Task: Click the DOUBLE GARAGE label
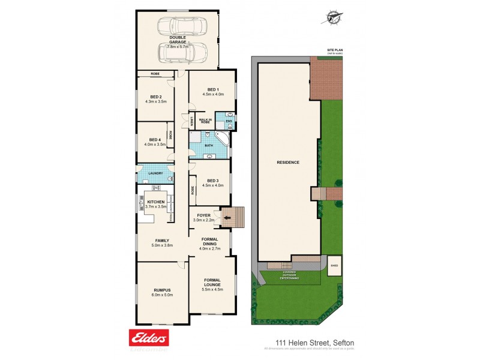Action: tap(177, 40)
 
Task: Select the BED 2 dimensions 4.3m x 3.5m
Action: tap(155, 102)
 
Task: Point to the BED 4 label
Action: tap(155, 139)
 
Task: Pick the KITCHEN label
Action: tap(155, 202)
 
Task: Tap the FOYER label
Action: tap(204, 214)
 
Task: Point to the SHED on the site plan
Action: tap(335, 265)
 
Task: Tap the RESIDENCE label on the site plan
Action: tap(287, 163)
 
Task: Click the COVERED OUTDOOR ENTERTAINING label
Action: tap(289, 275)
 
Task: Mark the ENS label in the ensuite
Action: tap(228, 122)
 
